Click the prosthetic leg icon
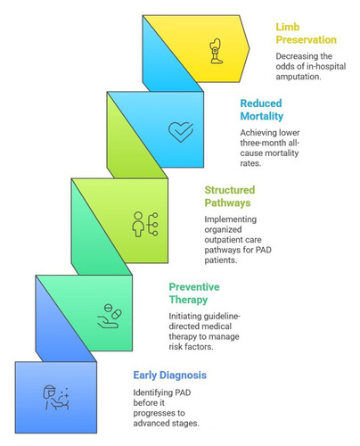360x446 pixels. [216, 51]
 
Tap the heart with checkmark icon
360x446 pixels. [181, 132]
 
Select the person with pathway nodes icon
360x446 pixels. [145, 224]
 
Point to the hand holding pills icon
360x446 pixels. [110, 316]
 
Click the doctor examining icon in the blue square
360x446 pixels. [56, 398]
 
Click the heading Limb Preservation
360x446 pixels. [306, 33]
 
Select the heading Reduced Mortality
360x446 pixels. [262, 110]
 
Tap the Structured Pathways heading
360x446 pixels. [230, 196]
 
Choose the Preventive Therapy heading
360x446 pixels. [194, 293]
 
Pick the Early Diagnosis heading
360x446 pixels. [170, 376]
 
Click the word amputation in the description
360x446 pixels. [298, 77]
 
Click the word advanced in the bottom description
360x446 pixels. [151, 423]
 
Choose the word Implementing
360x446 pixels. [231, 219]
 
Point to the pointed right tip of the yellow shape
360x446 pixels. [250, 48]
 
